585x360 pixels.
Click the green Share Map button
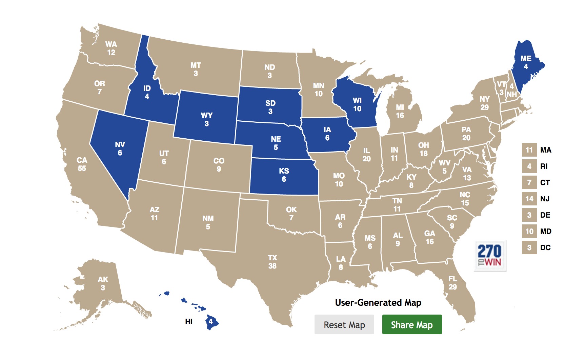click(x=412, y=324)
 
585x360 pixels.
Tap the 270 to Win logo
click(x=490, y=256)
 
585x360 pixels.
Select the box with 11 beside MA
click(x=529, y=150)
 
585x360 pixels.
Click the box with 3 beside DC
click(x=529, y=247)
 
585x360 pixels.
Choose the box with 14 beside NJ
click(x=529, y=199)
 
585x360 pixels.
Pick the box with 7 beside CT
click(x=529, y=182)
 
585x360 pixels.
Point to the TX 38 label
click(x=273, y=262)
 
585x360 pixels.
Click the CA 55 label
click(x=82, y=164)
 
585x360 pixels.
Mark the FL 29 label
click(x=453, y=283)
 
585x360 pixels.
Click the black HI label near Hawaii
click(x=189, y=321)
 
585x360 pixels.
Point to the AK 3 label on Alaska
click(x=103, y=283)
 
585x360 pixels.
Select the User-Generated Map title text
click(x=378, y=302)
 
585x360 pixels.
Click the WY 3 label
click(x=207, y=119)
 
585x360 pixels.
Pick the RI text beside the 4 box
click(x=544, y=166)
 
